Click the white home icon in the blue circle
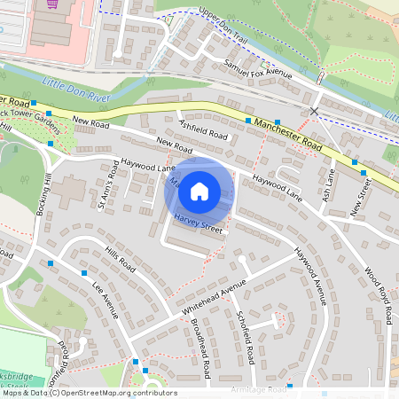(199, 191)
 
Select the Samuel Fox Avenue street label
(259, 69)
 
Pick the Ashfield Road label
(203, 130)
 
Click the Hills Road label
(120, 260)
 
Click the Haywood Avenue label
(312, 276)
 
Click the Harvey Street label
(197, 224)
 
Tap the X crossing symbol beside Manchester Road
(314, 111)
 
